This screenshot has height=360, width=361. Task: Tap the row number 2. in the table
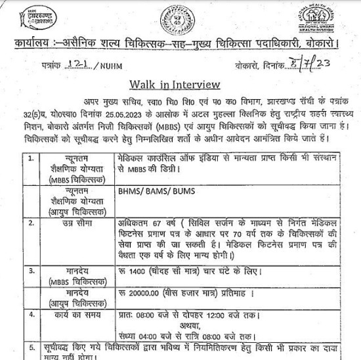[x=32, y=223]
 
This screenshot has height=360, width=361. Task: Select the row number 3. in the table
[x=32, y=270]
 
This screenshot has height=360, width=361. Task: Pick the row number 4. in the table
[x=32, y=315]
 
